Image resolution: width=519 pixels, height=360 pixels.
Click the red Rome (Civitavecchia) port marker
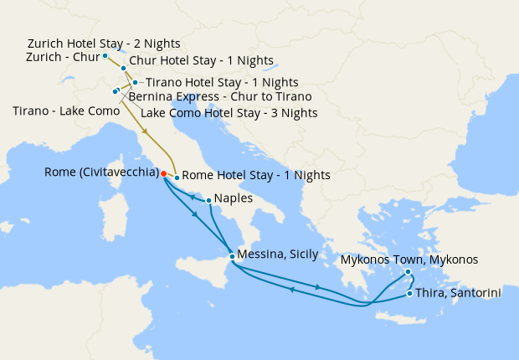[x=163, y=173]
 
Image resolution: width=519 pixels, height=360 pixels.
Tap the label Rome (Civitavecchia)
[x=101, y=173]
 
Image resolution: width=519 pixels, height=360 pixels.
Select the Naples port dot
[x=208, y=199]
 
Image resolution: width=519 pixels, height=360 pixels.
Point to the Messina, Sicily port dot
[x=232, y=256]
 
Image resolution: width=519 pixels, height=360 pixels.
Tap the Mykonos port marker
[x=408, y=271]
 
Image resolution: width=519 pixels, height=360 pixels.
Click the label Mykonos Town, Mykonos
[x=410, y=260]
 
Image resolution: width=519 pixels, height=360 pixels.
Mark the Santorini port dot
[x=409, y=293]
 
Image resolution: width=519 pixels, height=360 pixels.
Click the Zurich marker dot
[x=105, y=56]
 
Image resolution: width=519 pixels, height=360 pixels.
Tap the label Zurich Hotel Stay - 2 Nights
[x=104, y=43]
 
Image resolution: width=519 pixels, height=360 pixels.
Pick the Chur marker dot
[x=123, y=68]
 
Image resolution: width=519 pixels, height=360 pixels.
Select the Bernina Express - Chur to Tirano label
[x=220, y=97]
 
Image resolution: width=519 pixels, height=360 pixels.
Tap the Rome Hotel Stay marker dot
[x=177, y=177]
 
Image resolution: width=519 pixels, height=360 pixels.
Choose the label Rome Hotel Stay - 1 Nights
[x=255, y=175]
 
